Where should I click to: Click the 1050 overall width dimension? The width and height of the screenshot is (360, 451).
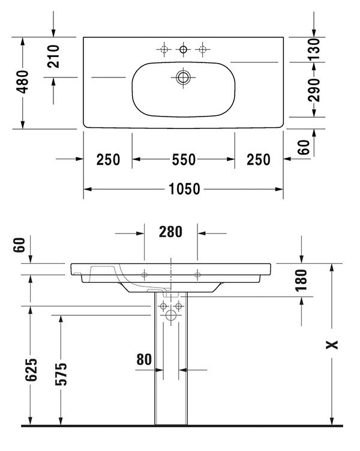pos(184,189)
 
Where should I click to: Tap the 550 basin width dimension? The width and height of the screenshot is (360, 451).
pos(184,159)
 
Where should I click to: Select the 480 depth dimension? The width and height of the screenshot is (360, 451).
pos(22,82)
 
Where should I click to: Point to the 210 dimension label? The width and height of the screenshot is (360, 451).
pos(53,56)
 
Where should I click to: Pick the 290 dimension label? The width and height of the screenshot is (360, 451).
pos(314,90)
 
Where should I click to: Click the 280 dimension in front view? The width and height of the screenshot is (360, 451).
pos(170,232)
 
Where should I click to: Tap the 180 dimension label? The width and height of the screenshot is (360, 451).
pos(301,280)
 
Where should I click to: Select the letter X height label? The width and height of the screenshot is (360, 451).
pos(332,344)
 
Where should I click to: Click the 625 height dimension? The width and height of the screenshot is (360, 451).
pos(31,370)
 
